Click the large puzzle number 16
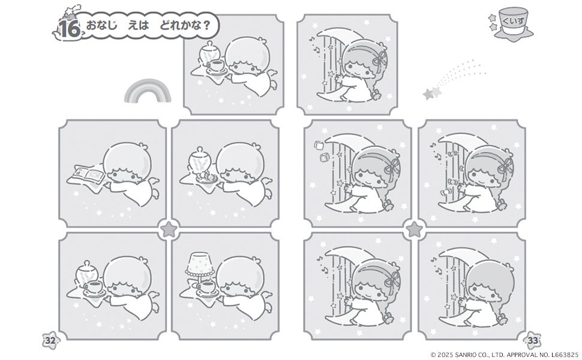(70, 29)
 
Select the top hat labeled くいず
(514, 23)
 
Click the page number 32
(50, 340)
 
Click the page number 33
(533, 340)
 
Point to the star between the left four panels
(169, 229)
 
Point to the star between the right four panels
(414, 229)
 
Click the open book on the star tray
(89, 173)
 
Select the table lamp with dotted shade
(200, 266)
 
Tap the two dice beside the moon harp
(322, 151)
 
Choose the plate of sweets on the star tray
(205, 177)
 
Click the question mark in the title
(206, 26)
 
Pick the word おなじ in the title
(101, 25)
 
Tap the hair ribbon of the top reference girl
(380, 59)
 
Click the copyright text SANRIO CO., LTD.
(481, 355)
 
